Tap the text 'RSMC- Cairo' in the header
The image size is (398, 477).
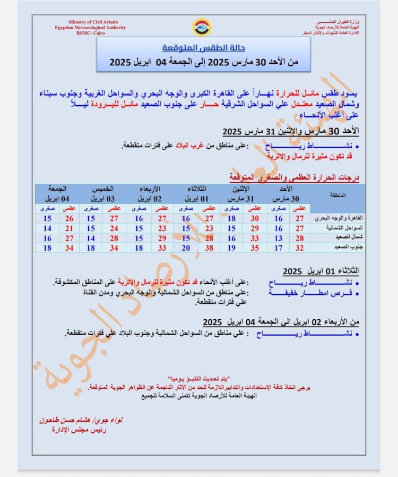coord(90,33)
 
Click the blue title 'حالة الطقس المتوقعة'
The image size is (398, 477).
coord(203,48)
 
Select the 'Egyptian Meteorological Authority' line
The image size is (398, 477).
coord(90,27)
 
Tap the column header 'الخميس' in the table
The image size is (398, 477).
coord(103,189)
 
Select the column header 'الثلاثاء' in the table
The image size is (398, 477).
coord(198,189)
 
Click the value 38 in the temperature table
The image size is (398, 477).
coord(210,247)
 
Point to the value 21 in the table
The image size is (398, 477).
coord(69,228)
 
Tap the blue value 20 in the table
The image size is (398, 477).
coord(186,247)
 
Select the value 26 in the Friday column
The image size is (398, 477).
coord(69,218)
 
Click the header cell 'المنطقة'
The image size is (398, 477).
coord(338,195)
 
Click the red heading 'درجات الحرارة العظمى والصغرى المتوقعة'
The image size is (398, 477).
coord(295,176)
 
